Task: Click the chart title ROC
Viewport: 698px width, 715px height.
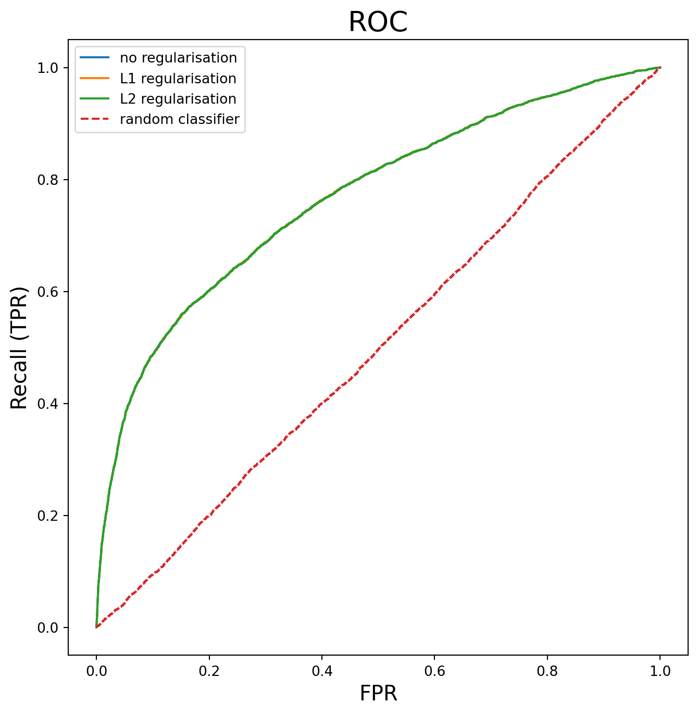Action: tap(378, 22)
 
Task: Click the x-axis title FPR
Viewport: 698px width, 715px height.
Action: tap(378, 693)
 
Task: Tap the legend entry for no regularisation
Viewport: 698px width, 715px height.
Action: tap(178, 57)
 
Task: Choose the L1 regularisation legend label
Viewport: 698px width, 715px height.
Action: tap(178, 78)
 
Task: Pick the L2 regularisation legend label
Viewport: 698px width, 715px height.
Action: tap(178, 98)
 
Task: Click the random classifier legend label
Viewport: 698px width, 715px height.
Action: tap(179, 119)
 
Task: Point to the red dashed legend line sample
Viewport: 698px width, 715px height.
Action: tap(94, 119)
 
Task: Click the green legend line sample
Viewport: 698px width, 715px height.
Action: tap(94, 98)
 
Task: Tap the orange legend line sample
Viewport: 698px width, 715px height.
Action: tap(94, 78)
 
